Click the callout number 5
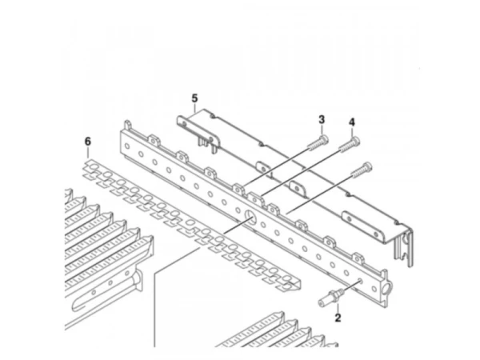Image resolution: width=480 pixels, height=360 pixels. point(194,98)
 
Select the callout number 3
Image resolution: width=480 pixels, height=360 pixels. point(322,119)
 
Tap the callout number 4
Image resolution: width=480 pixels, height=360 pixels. point(352,122)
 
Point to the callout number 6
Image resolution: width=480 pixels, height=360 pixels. point(88,142)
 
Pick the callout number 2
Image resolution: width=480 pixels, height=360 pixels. point(338,318)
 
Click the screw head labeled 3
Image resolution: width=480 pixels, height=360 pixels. point(323,139)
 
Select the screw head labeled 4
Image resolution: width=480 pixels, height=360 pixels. point(355,142)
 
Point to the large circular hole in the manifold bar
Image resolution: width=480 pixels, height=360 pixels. point(250,217)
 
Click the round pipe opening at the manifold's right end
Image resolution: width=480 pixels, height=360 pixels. point(387,288)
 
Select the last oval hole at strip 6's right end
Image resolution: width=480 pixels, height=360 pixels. point(287,278)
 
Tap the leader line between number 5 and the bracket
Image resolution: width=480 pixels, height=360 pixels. point(195,108)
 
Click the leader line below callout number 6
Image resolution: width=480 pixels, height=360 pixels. point(88,153)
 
